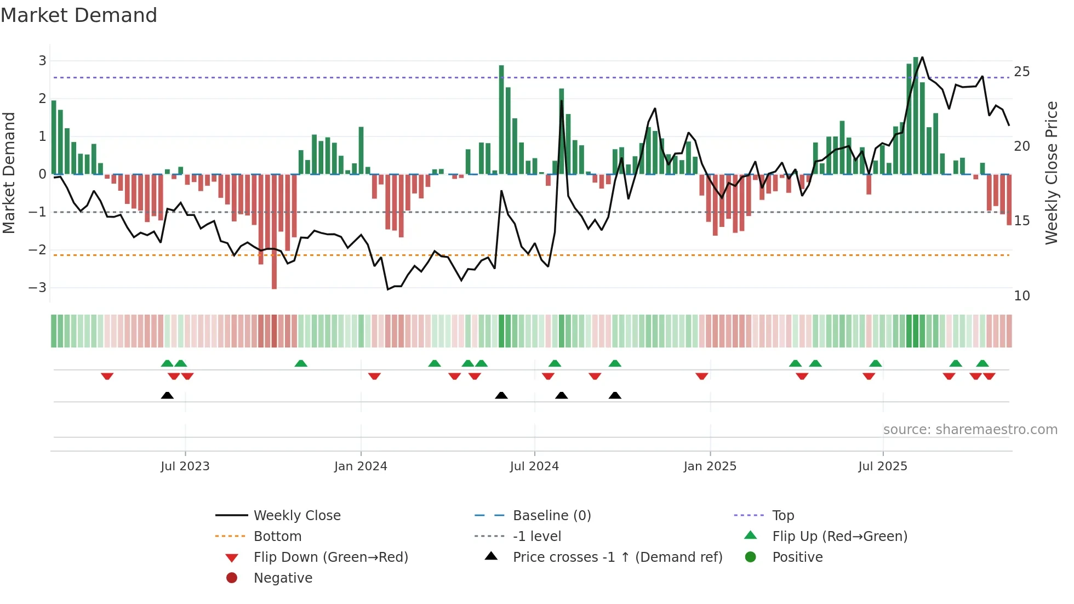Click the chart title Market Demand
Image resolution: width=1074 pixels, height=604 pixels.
point(79,15)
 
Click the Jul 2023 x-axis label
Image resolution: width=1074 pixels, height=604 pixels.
point(185,466)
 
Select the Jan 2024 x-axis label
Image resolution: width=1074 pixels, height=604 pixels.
point(361,466)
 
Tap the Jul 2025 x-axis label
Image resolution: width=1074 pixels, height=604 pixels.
point(882,466)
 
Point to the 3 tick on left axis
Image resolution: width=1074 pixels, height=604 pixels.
point(42,61)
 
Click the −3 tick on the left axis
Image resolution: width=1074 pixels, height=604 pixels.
point(37,288)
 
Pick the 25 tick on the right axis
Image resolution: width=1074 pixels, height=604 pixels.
point(1021,72)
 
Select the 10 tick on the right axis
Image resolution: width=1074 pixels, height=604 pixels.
point(1021,296)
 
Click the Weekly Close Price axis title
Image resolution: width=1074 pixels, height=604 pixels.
point(1051,173)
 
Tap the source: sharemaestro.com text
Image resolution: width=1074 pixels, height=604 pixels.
point(970,430)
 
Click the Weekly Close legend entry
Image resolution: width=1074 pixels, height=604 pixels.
point(296,516)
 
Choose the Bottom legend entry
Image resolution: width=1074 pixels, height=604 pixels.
point(277,537)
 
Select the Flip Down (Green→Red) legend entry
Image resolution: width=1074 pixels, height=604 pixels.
point(330,557)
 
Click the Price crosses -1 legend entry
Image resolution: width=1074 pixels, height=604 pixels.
point(617,557)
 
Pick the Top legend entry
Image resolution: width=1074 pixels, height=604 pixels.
point(783,516)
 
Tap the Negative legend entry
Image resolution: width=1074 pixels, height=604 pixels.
point(283,578)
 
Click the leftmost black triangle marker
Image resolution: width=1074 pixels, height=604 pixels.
point(167,395)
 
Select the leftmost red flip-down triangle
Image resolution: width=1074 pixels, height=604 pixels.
point(107,376)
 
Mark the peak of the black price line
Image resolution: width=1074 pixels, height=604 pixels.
point(922,57)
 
